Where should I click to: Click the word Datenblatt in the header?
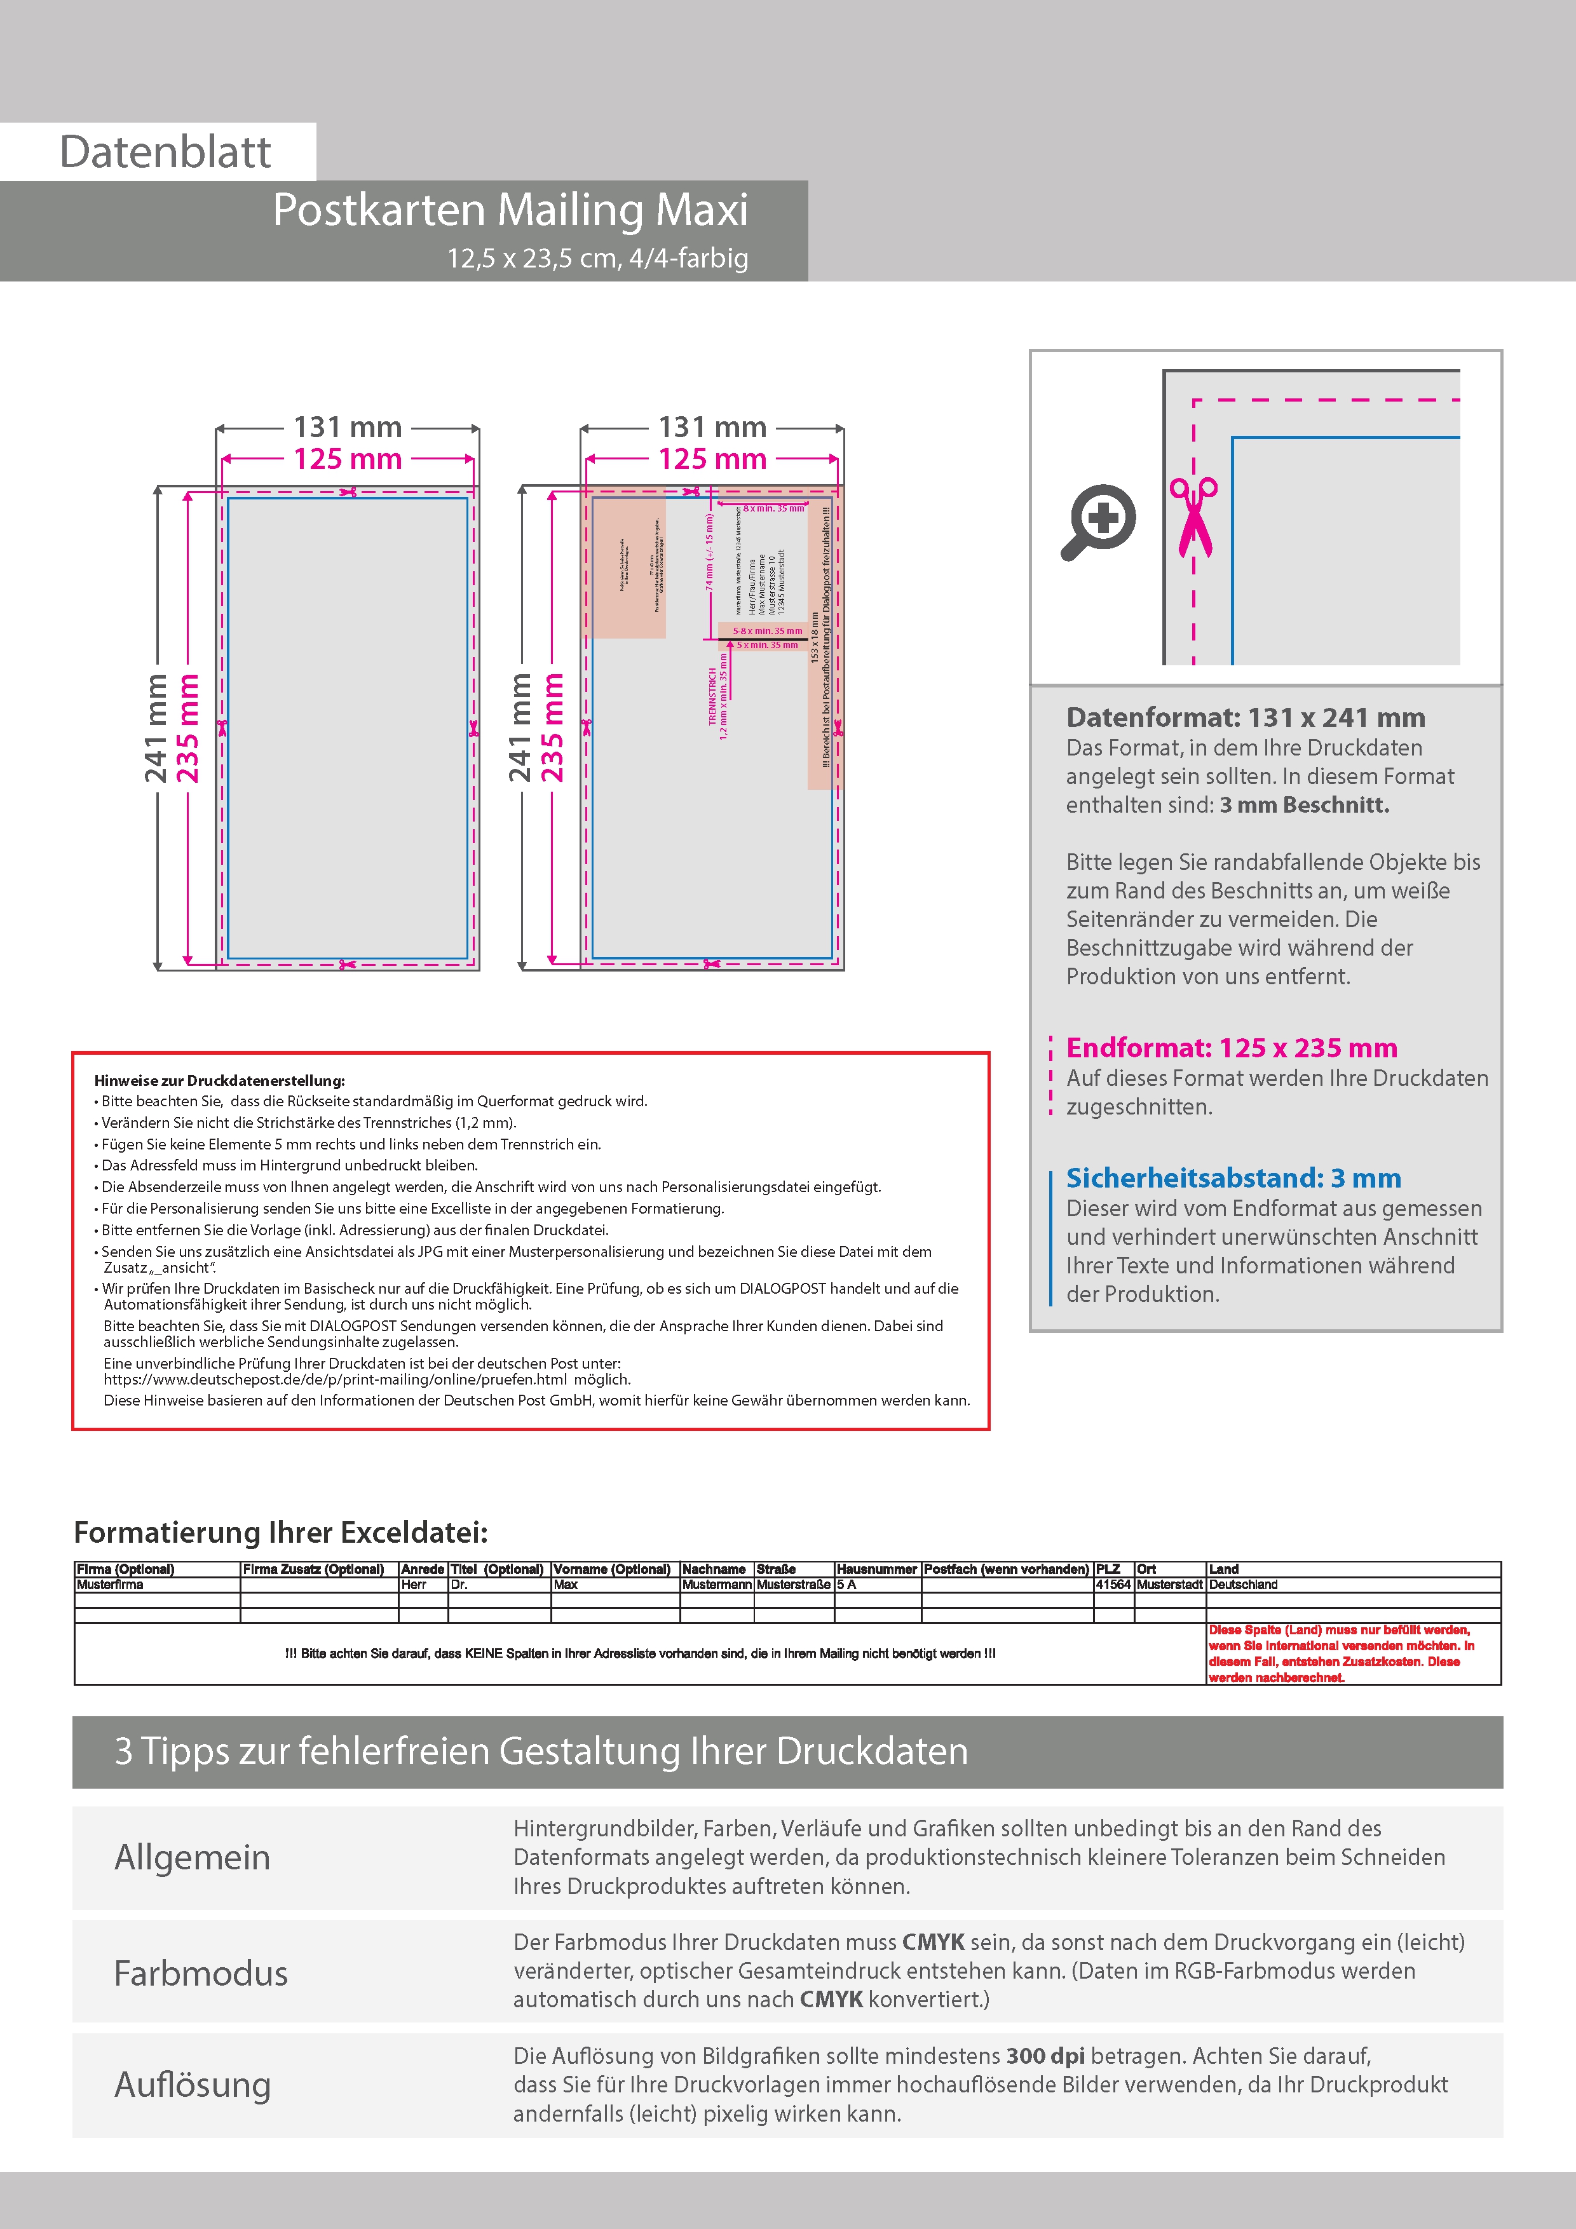[x=165, y=152]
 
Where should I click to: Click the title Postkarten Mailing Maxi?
[x=510, y=210]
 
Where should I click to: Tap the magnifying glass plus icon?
[x=1098, y=521]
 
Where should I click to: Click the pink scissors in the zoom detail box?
[x=1193, y=517]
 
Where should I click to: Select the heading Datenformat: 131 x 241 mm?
[x=1245, y=717]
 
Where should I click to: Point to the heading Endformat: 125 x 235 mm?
[x=1232, y=1048]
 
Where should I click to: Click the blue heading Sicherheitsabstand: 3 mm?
[x=1233, y=1177]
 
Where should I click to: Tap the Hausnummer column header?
[x=877, y=1569]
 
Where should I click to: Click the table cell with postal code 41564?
[x=1113, y=1584]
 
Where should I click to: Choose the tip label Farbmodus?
[x=201, y=1974]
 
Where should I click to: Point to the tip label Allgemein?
[x=193, y=1857]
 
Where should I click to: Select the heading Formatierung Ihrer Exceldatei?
[x=281, y=1532]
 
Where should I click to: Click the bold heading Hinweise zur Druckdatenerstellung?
[x=219, y=1081]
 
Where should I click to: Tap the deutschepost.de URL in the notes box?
[x=335, y=1379]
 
